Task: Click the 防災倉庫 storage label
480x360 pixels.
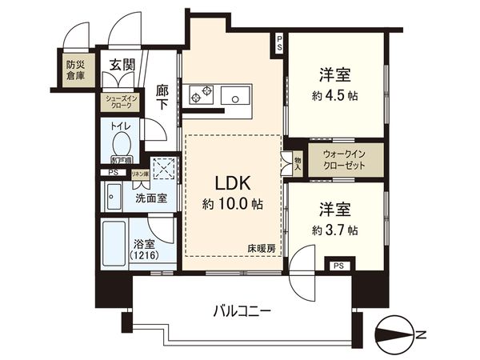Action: click(x=74, y=66)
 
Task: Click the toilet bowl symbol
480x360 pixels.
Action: click(x=122, y=145)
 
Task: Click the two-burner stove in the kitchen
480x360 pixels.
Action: click(x=200, y=95)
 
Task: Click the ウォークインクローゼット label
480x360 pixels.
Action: click(x=343, y=159)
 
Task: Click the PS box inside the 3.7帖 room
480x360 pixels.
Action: click(x=338, y=266)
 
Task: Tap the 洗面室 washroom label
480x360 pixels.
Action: click(x=151, y=198)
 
